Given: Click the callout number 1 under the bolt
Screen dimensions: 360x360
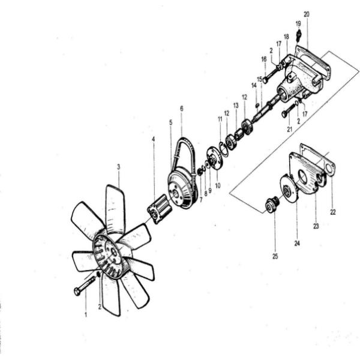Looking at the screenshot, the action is (86, 314).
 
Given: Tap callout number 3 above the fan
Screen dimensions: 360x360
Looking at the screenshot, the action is (118, 167).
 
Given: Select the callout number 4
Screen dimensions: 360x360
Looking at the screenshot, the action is (153, 139).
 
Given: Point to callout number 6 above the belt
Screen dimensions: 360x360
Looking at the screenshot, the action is (182, 109).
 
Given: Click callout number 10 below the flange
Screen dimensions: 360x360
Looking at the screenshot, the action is (218, 185).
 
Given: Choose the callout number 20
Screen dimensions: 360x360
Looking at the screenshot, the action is (307, 14).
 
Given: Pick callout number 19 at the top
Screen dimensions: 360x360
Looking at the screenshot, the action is (298, 23).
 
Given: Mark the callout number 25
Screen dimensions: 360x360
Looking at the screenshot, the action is (275, 256).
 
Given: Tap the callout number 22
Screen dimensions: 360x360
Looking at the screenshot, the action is (333, 212).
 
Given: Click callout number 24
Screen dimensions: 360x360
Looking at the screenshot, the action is (297, 243).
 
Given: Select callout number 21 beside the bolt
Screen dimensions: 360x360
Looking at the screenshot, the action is (290, 129).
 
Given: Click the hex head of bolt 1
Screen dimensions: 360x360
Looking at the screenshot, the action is (77, 292).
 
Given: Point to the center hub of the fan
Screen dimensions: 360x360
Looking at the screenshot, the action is (113, 253).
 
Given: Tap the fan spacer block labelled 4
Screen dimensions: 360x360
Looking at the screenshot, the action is (158, 209).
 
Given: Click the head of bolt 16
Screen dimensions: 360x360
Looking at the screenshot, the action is (265, 80).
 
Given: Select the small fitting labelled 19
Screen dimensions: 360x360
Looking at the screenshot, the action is (299, 35).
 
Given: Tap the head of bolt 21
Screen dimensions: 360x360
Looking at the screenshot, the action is (284, 114).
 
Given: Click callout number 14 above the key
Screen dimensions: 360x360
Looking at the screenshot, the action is (254, 86).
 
